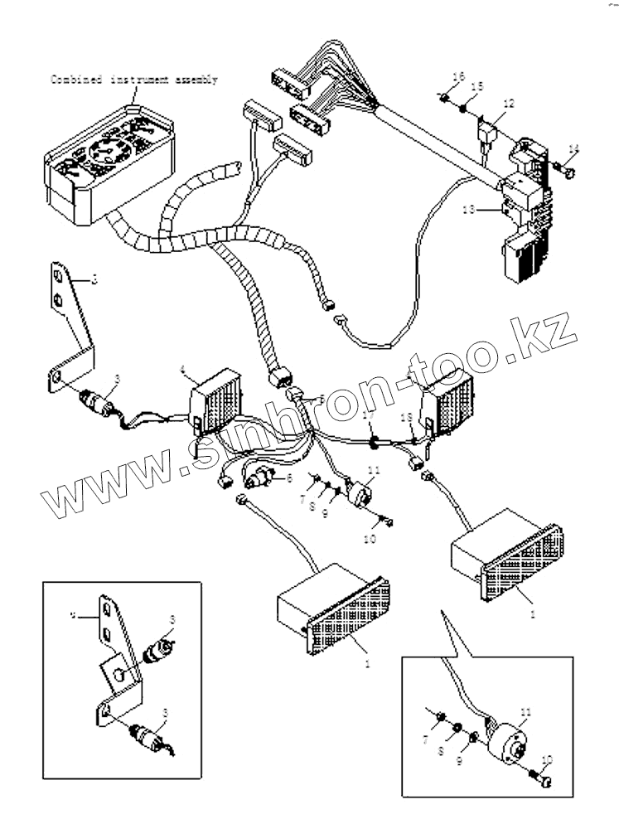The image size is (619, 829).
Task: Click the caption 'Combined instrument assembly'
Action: (x=134, y=80)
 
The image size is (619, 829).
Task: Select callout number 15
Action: (x=476, y=87)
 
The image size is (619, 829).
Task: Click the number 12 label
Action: (x=508, y=104)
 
